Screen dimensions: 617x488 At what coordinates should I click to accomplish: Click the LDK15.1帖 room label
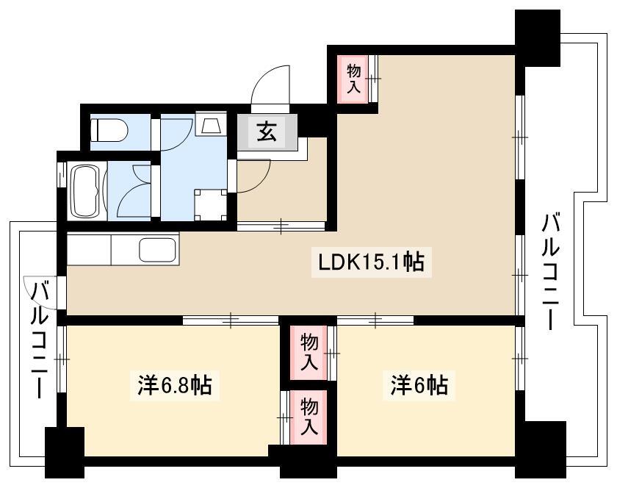372,262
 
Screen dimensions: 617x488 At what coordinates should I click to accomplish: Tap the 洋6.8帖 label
175,385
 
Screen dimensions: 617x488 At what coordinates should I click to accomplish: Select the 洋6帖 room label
419,385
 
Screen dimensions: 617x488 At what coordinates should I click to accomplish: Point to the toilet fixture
109,129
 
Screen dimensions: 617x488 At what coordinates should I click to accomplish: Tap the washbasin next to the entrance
211,123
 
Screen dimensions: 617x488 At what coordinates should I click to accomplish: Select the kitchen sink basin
157,250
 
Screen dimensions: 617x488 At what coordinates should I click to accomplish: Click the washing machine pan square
211,205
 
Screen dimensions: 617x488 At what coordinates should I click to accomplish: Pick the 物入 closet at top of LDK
353,79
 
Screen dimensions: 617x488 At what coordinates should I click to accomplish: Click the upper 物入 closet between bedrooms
309,353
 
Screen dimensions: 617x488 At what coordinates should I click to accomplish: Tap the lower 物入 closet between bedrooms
309,417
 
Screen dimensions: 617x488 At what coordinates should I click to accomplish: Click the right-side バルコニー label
550,271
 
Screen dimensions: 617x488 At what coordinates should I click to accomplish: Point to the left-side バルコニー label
40,340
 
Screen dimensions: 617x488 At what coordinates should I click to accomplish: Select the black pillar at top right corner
538,37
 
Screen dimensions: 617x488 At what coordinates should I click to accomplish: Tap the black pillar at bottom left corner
65,453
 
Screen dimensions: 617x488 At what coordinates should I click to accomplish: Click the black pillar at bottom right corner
541,449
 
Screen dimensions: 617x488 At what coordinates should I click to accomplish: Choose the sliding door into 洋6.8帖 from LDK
231,320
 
